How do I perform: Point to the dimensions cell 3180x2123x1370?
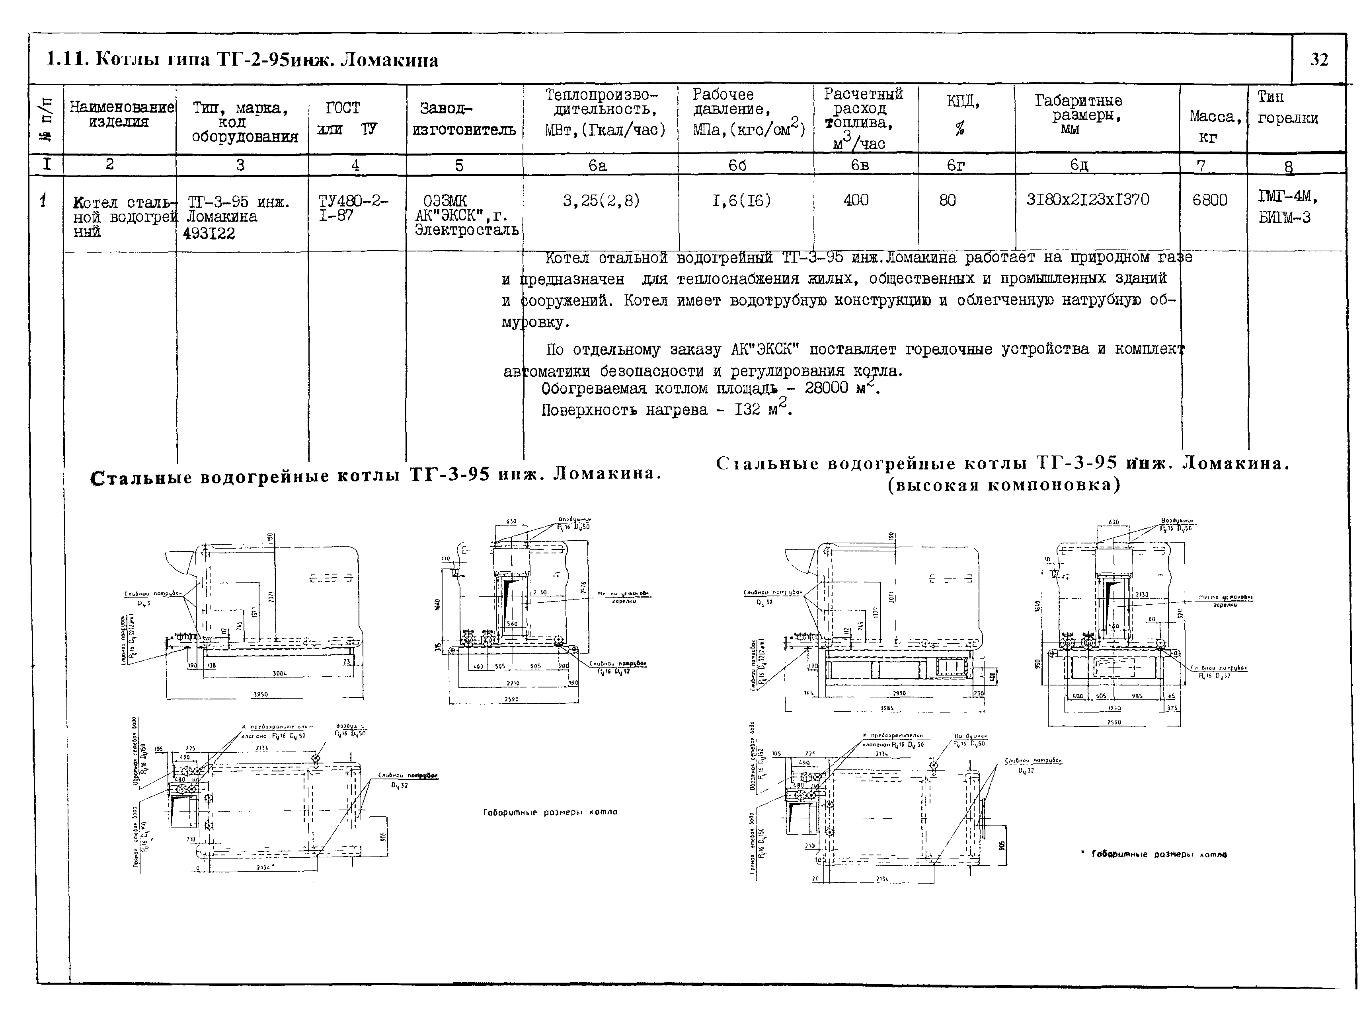pyautogui.click(x=1087, y=200)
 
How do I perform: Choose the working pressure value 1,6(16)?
pyautogui.click(x=741, y=200)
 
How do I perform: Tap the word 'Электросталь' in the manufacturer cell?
pyautogui.click(x=466, y=230)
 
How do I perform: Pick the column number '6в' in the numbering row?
pyautogui.click(x=860, y=165)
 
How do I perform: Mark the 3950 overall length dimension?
pyautogui.click(x=261, y=694)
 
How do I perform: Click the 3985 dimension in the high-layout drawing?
pyautogui.click(x=887, y=708)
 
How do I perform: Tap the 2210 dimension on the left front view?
pyautogui.click(x=512, y=683)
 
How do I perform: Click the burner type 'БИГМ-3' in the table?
pyautogui.click(x=1284, y=218)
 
